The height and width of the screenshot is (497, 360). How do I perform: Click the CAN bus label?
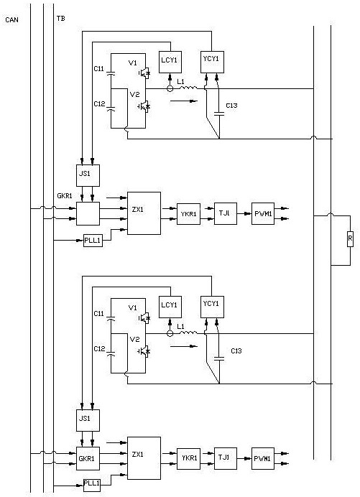point(12,20)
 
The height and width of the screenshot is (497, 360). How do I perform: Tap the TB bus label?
point(61,19)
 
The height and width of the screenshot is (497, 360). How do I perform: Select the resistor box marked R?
point(350,238)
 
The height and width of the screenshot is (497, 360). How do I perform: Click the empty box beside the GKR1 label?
point(88,213)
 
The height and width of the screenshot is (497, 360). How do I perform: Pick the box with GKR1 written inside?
point(88,459)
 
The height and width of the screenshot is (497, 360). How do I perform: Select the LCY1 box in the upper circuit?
point(170,62)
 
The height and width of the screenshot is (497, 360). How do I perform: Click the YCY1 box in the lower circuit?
point(212,307)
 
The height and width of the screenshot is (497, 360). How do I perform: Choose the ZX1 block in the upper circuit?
point(144,213)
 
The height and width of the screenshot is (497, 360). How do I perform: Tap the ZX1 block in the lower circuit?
point(144,458)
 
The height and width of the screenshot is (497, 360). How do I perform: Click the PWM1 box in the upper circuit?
point(263,213)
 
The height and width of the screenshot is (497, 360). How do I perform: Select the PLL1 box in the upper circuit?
point(93,241)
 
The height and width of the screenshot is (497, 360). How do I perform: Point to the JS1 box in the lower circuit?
point(88,420)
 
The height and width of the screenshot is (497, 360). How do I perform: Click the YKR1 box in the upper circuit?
point(189,214)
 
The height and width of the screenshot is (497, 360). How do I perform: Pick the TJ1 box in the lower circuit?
point(226,458)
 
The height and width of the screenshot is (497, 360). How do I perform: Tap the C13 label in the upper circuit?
point(231,106)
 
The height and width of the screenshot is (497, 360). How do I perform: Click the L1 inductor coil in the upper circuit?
point(188,88)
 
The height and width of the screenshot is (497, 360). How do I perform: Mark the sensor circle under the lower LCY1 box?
point(170,333)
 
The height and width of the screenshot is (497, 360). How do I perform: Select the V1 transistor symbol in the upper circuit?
point(144,73)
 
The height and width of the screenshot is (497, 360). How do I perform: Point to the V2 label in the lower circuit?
point(135,340)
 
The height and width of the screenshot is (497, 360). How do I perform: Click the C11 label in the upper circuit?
point(98,68)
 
